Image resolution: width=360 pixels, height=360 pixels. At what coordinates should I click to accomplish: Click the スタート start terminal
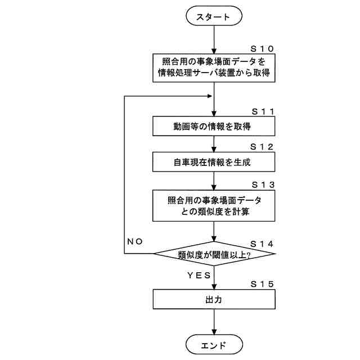click(x=214, y=17)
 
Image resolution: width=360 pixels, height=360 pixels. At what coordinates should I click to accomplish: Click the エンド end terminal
click(x=214, y=344)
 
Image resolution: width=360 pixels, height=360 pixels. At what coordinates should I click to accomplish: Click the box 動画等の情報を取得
click(x=214, y=127)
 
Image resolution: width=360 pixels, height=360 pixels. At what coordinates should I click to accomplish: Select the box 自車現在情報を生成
click(x=214, y=163)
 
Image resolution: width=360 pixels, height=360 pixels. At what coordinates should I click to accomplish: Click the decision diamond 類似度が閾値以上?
click(x=214, y=254)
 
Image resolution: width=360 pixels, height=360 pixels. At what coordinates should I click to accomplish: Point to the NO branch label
click(x=135, y=242)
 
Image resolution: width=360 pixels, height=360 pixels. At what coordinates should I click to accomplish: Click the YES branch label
click(x=198, y=275)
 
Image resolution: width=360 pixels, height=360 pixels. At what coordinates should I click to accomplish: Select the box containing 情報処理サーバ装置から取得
click(x=214, y=67)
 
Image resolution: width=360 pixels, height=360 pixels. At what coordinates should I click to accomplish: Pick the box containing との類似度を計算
click(x=214, y=206)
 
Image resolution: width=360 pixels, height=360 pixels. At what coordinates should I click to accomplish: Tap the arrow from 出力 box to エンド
click(x=214, y=323)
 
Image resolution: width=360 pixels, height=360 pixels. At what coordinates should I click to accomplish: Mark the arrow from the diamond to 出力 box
click(x=214, y=278)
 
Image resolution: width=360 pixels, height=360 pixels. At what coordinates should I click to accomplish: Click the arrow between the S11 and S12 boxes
click(x=214, y=145)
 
